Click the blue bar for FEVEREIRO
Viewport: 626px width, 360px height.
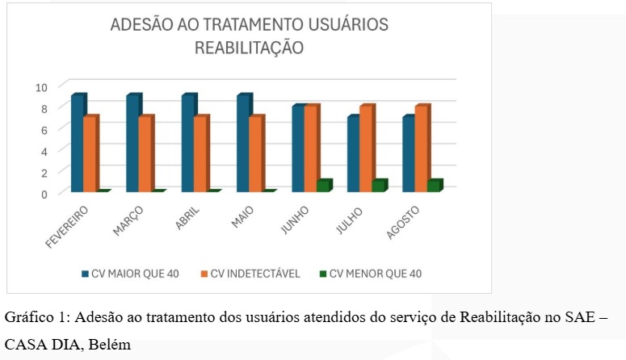(78, 143)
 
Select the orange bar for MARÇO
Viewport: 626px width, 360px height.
(145, 153)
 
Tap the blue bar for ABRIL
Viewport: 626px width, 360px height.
(188, 143)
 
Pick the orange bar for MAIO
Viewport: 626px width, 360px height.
(255, 153)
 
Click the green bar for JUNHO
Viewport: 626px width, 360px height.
(323, 186)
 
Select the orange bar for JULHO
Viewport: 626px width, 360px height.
(366, 149)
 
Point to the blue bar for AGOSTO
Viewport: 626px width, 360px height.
(410, 153)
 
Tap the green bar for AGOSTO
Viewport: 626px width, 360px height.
(434, 186)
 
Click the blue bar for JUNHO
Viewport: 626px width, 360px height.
(299, 149)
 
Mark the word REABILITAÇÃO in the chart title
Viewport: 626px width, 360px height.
(249, 48)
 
